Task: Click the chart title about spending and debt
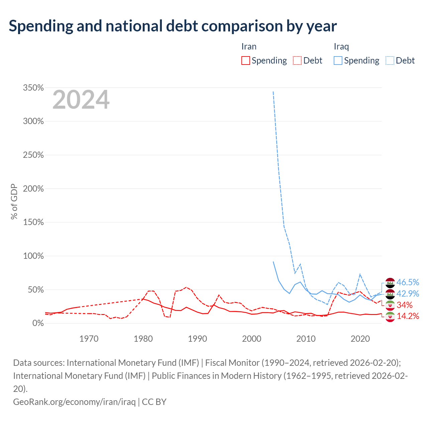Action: click(173, 26)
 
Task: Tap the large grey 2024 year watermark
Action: click(81, 100)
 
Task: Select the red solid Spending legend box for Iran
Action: click(245, 61)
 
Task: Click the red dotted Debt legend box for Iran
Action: click(297, 61)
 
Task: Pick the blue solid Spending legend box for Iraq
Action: click(338, 61)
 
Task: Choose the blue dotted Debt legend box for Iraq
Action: click(390, 61)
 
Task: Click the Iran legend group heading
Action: click(249, 46)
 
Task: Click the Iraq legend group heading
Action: click(341, 46)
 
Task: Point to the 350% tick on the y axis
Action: click(33, 88)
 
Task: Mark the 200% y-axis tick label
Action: click(33, 189)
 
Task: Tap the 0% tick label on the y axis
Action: click(38, 323)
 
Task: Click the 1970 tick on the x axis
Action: click(89, 339)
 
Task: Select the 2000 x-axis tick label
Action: click(252, 339)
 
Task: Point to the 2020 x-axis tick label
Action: click(360, 339)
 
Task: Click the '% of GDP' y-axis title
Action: click(14, 201)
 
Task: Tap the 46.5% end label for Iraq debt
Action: click(408, 282)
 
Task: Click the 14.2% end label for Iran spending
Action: click(408, 316)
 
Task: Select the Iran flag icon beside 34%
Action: click(390, 305)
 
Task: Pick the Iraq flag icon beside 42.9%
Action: click(390, 294)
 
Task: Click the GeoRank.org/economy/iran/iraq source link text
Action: click(75, 402)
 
